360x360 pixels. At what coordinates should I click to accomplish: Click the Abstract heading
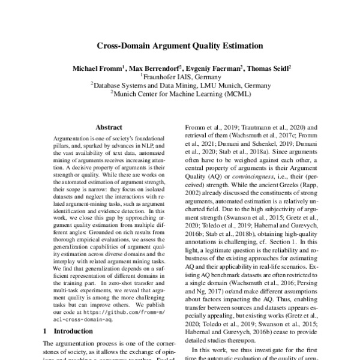coord(109,128)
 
